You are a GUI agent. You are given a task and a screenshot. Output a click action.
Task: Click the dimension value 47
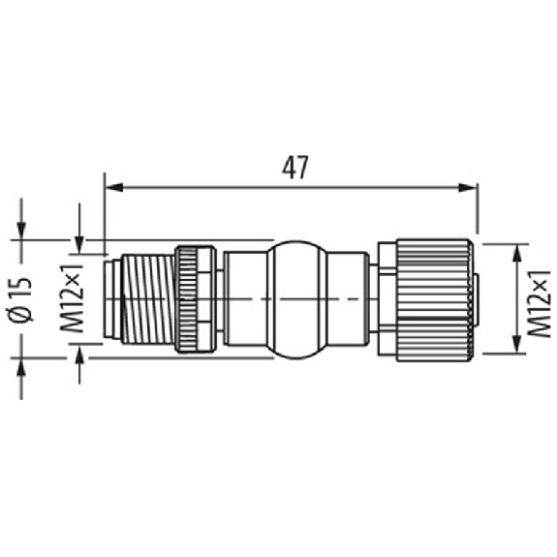[x=294, y=168]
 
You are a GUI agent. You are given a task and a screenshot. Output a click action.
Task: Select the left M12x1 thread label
[x=72, y=298]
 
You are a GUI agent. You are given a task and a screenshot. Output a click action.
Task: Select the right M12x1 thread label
[x=539, y=303]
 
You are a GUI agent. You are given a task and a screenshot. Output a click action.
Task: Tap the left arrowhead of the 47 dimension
[x=114, y=187]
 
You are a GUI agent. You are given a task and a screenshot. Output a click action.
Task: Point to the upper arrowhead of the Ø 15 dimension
[x=21, y=231]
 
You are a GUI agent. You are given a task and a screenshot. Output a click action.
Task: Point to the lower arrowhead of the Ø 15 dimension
[x=21, y=366]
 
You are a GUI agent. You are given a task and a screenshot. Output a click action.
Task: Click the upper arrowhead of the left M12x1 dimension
[x=79, y=245]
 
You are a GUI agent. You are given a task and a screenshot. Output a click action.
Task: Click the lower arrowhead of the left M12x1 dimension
[x=79, y=353]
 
